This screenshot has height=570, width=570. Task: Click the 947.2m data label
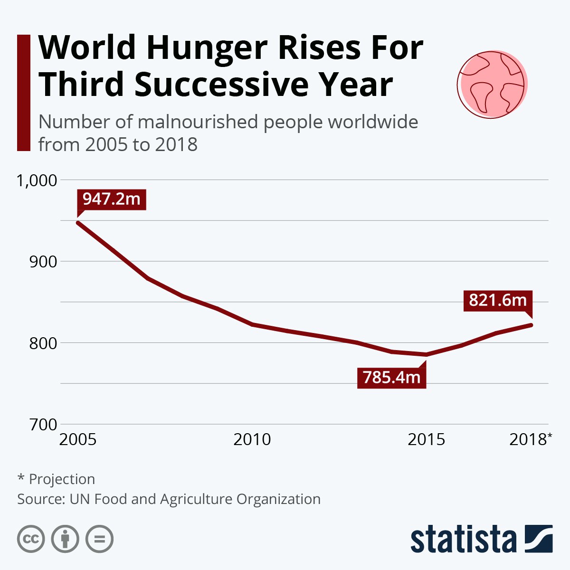[112, 199]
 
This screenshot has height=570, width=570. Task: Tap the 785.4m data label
[392, 378]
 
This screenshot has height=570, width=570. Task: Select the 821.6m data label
[498, 301]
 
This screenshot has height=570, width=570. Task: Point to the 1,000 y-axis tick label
[37, 180]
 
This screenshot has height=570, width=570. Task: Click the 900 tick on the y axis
[43, 262]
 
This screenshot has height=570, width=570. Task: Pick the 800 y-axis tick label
[43, 343]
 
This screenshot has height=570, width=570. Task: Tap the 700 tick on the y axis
[43, 424]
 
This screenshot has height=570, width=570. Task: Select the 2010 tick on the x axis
[252, 439]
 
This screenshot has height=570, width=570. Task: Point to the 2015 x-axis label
[427, 439]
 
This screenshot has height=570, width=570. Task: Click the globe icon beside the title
[492, 84]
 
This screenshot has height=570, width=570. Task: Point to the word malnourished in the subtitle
[198, 122]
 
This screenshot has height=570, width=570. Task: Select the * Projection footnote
[56, 479]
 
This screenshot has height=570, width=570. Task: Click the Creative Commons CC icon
[31, 539]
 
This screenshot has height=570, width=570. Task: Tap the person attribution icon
[65, 539]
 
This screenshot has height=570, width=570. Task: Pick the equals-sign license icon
[99, 539]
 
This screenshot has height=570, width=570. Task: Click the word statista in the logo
[463, 540]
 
